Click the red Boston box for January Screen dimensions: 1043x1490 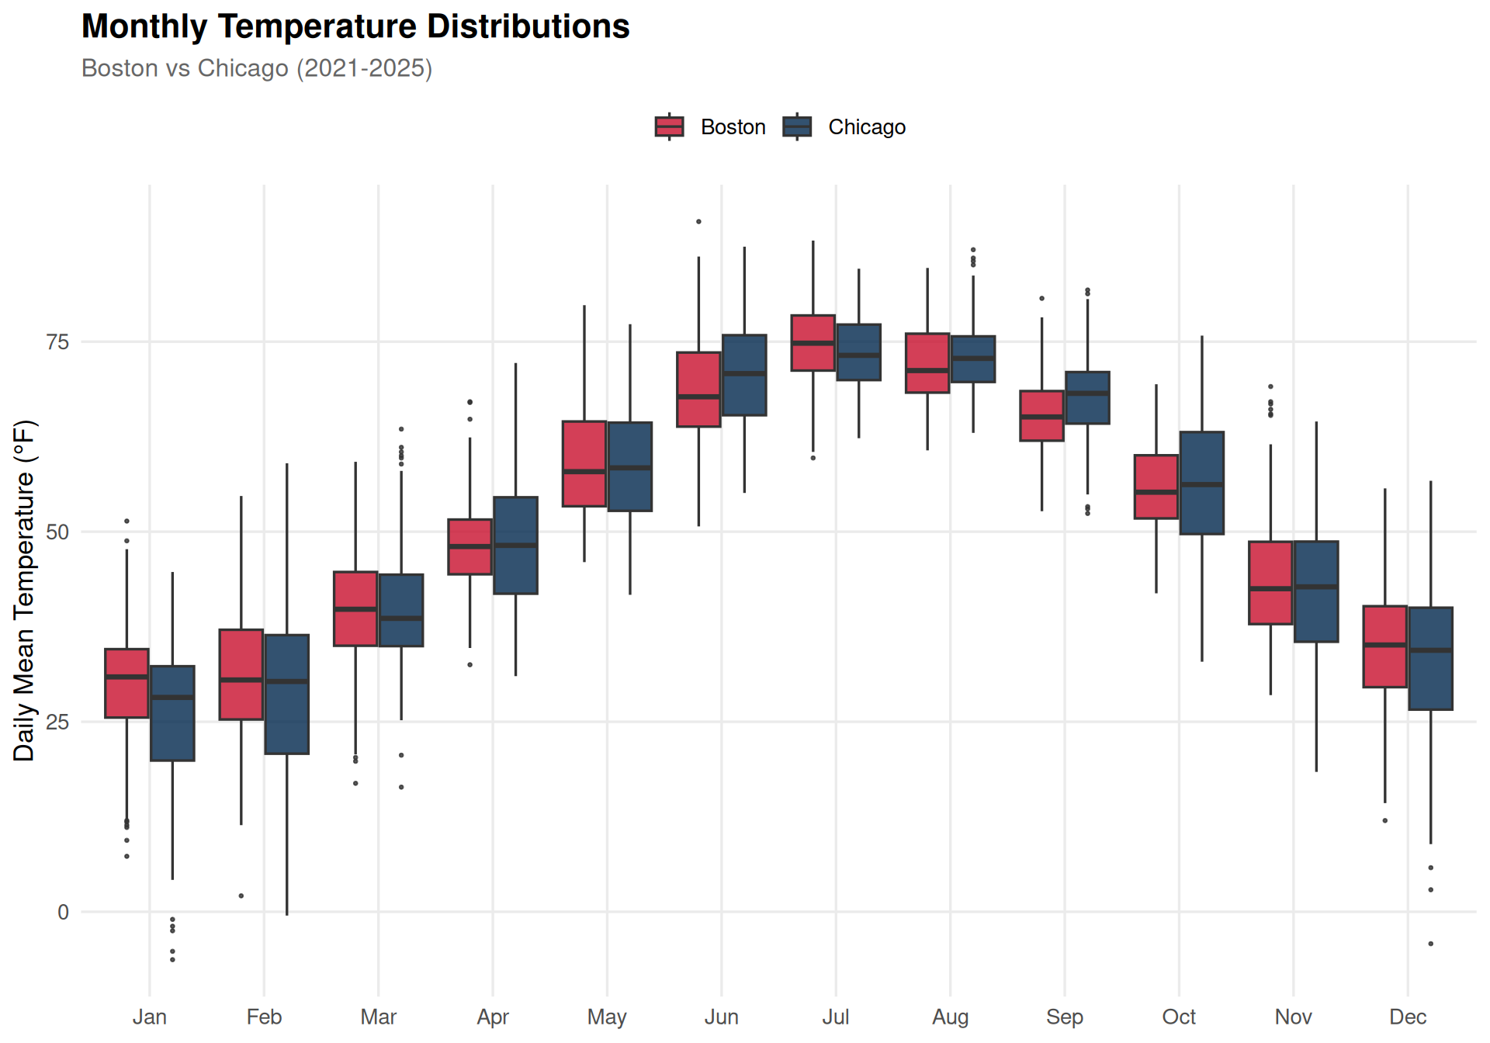tap(126, 683)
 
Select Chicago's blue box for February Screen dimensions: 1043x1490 tap(287, 694)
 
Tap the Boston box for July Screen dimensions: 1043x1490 tap(813, 343)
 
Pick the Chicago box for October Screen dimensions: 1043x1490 tap(1202, 483)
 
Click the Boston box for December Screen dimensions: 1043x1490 tap(1385, 646)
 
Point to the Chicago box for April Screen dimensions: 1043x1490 tap(515, 546)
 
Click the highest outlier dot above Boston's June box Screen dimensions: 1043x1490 tap(698, 222)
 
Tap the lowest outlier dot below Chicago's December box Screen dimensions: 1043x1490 tap(1431, 944)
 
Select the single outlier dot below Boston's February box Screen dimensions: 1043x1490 tap(241, 896)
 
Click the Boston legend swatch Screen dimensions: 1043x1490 tap(669, 126)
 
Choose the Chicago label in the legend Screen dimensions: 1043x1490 tap(867, 127)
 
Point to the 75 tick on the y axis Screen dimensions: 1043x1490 tap(58, 342)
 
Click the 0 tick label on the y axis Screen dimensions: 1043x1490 tap(64, 912)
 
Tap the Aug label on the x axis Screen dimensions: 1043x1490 tap(950, 1017)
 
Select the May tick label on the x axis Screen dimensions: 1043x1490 tap(607, 1017)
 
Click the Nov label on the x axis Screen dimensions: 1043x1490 tap(1293, 1017)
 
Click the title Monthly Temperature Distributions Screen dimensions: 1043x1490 tap(355, 26)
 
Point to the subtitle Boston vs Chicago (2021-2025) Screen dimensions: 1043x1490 tap(257, 68)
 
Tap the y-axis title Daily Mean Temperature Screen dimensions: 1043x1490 tap(25, 590)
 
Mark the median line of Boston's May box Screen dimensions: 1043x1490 tap(584, 471)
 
